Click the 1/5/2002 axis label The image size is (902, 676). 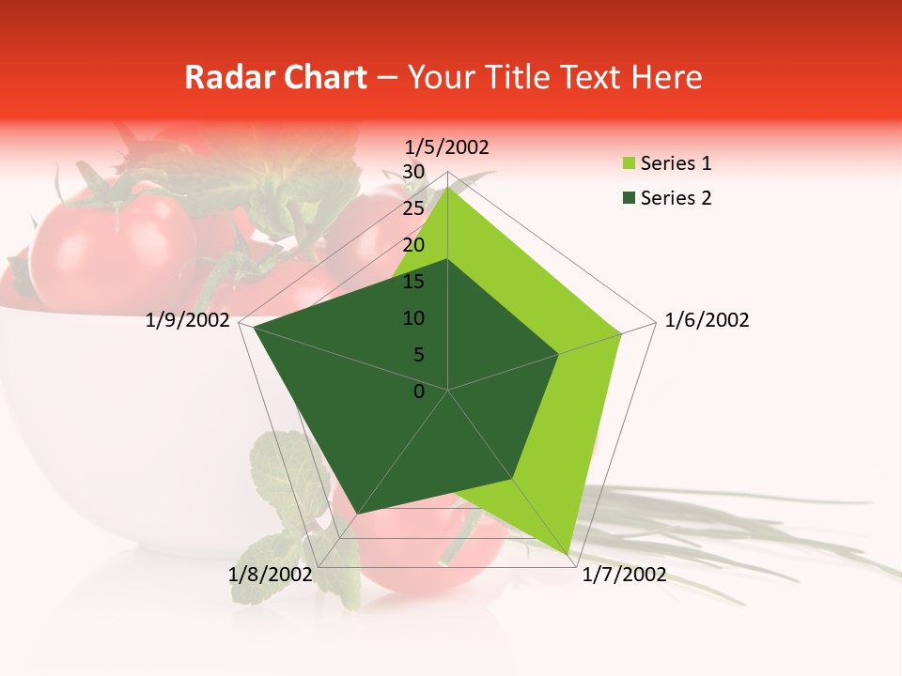pos(446,147)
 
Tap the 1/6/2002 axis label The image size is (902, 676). pos(707,320)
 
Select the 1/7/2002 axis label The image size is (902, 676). pos(624,575)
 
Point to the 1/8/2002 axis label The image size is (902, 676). pos(270,575)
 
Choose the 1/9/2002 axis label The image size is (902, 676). pos(188,320)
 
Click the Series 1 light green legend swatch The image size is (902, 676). pos(627,164)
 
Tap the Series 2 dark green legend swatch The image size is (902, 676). pos(627,198)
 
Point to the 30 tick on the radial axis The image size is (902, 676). pos(413,172)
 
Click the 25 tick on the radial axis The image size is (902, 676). pos(413,208)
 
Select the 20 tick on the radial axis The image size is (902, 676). pos(413,245)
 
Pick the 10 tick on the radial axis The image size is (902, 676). pos(413,318)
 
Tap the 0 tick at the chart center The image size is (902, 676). pos(419,392)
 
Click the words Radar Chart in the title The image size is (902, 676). pos(275,77)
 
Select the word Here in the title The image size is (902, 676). pos(667,77)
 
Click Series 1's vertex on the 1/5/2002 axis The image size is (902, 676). pos(448,187)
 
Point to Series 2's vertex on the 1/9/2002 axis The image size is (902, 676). pos(254,328)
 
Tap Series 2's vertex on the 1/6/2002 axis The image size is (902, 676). pos(559,354)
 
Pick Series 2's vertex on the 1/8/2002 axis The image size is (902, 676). pos(359,512)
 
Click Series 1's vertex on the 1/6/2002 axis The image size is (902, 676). pos(621,333)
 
